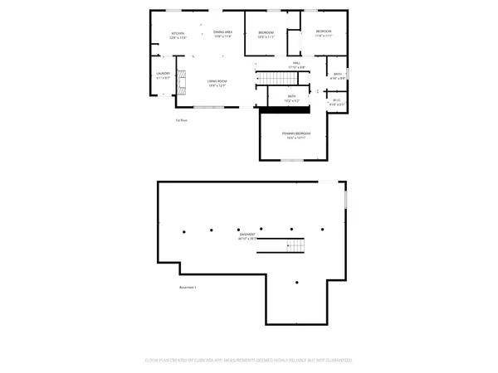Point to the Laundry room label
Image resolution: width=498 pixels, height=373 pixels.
(163, 75)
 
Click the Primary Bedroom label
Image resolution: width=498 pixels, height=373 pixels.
(295, 135)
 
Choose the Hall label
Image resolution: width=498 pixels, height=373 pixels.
(296, 64)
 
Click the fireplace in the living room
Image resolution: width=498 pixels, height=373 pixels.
(179, 84)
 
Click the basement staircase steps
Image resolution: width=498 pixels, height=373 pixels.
(296, 246)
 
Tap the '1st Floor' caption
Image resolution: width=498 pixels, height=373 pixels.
(181, 121)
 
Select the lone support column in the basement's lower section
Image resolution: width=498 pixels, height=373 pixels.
(296, 283)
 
